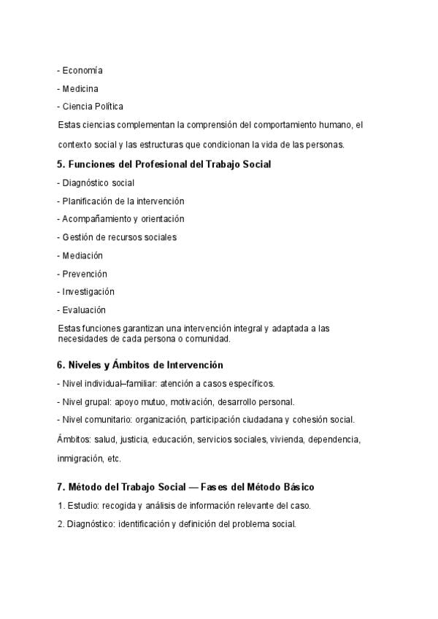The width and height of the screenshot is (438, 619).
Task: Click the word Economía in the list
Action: click(x=82, y=71)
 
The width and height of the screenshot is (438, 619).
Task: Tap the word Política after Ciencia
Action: click(x=109, y=107)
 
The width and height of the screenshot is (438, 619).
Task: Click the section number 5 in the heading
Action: click(x=60, y=165)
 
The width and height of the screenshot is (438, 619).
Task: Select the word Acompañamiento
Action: click(x=97, y=219)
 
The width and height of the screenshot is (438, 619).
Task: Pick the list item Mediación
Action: click(x=82, y=255)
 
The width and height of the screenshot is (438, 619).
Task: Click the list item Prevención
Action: click(x=85, y=274)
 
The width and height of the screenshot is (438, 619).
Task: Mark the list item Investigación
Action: click(x=88, y=292)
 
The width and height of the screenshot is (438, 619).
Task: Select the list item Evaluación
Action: click(x=84, y=310)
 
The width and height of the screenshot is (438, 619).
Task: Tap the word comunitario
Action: click(x=109, y=420)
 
